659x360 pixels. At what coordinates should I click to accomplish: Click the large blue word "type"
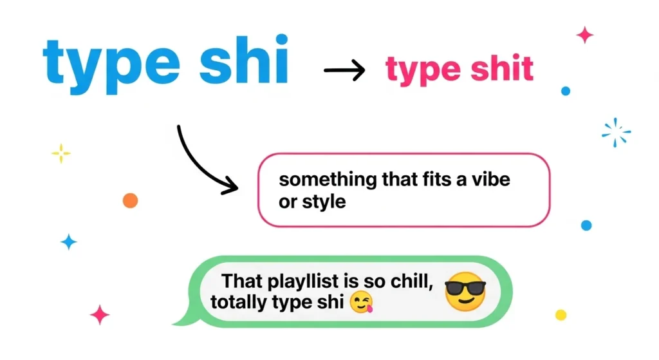(104, 65)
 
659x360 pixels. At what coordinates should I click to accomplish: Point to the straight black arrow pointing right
(344, 69)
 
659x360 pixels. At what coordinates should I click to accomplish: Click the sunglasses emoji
(465, 292)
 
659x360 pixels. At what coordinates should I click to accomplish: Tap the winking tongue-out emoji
(362, 302)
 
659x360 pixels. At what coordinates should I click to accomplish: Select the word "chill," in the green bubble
(404, 281)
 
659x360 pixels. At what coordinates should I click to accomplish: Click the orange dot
(130, 200)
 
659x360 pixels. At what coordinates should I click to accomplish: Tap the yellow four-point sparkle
(60, 153)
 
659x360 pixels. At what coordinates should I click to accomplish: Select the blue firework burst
(616, 133)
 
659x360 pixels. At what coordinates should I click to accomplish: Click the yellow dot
(561, 315)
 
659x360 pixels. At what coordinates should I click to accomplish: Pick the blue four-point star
(68, 242)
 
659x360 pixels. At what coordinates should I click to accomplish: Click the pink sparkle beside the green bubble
(100, 314)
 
